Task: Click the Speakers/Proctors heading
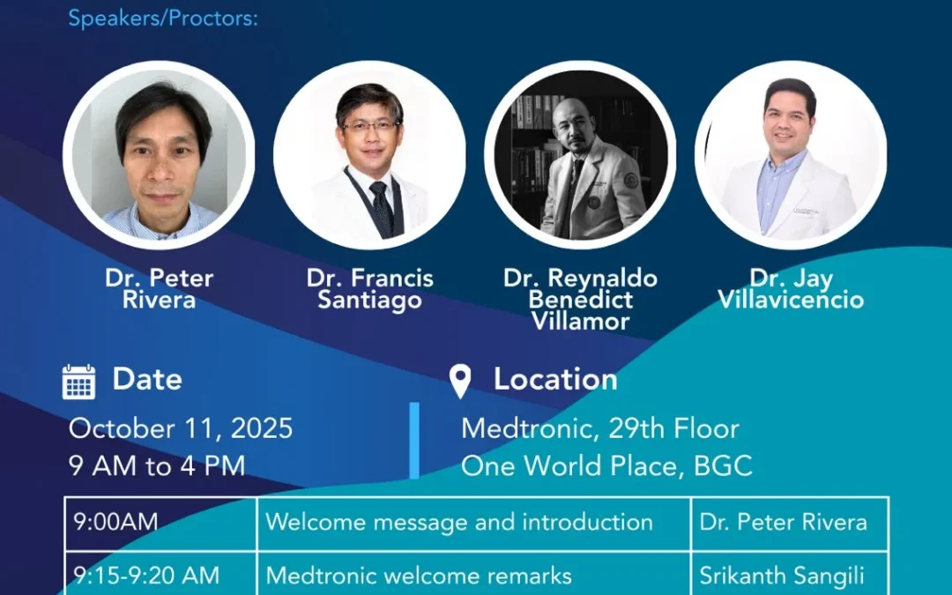(163, 19)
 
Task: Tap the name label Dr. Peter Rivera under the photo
(159, 289)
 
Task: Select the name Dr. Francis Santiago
(370, 289)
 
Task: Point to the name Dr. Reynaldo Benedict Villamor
(580, 300)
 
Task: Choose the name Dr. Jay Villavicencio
(791, 289)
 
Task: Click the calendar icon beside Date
(79, 382)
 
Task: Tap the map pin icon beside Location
(460, 382)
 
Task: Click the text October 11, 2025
(181, 429)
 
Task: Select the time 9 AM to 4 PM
(157, 465)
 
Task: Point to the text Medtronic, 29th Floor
(600, 429)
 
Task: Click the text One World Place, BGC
(606, 465)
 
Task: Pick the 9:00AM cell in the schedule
(116, 522)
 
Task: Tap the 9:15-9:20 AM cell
(146, 576)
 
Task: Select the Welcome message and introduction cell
(459, 522)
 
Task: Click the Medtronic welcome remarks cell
(419, 576)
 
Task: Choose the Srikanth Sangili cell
(782, 576)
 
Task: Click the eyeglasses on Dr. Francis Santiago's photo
(369, 126)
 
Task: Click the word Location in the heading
(555, 379)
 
